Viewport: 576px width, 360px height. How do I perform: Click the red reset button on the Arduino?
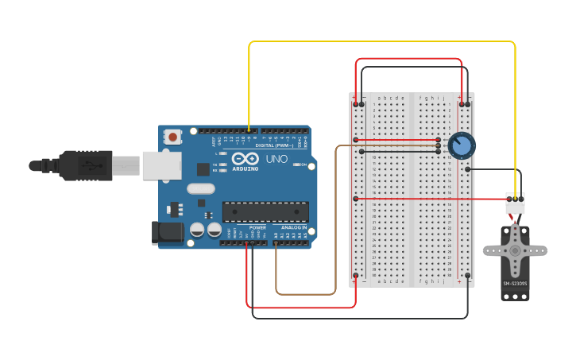click(172, 137)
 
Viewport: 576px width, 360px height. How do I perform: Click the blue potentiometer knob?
click(461, 145)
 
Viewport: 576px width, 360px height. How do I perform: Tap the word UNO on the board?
click(276, 159)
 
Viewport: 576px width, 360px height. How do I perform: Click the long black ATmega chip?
click(265, 211)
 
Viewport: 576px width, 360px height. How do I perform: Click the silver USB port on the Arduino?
click(162, 165)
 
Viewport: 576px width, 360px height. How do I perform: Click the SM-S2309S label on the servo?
click(515, 283)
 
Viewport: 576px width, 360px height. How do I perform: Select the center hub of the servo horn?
click(515, 250)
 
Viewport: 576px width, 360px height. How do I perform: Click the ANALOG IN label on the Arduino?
click(289, 228)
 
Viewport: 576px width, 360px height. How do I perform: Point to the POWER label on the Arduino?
click(257, 228)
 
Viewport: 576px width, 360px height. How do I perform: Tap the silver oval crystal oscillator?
click(201, 189)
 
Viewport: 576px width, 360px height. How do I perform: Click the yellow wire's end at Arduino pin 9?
click(249, 130)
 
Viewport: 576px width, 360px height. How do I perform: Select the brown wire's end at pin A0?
click(276, 243)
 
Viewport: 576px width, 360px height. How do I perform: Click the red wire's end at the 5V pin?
click(248, 243)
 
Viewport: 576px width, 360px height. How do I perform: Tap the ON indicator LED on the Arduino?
click(295, 165)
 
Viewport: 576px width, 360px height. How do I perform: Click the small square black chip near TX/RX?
click(203, 168)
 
